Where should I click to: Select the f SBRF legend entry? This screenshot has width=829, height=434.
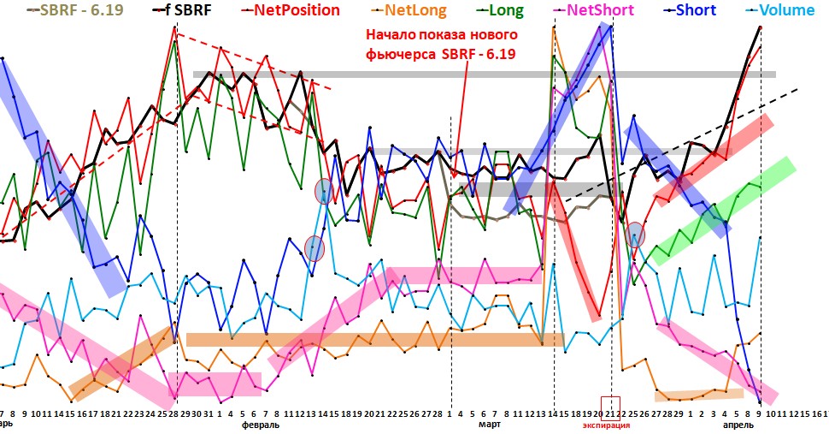[x=184, y=11]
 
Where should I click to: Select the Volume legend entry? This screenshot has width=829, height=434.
[x=784, y=11]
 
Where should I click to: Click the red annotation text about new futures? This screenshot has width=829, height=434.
[x=441, y=45]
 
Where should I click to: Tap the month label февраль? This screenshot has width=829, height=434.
[x=261, y=425]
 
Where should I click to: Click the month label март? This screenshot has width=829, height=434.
[x=490, y=425]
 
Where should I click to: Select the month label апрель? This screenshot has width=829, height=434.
[x=738, y=425]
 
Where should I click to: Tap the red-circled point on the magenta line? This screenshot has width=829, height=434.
[x=315, y=248]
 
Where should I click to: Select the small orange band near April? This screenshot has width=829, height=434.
[x=698, y=395]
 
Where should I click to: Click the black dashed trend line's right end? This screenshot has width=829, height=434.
[x=797, y=89]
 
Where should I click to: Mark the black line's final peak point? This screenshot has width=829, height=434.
[x=761, y=27]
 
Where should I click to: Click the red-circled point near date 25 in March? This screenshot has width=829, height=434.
[x=634, y=234]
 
